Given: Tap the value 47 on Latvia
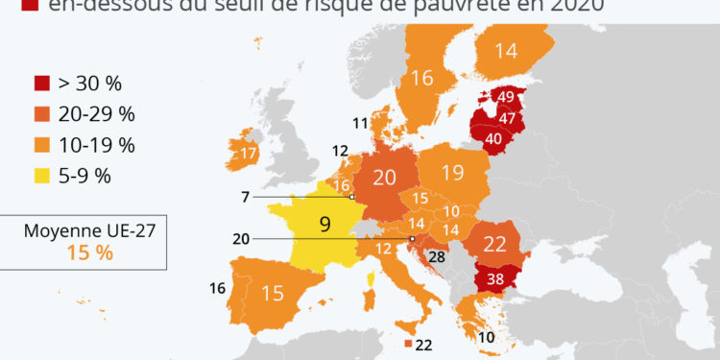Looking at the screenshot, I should tap(508, 119).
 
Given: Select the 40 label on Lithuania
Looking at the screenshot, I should tap(494, 137).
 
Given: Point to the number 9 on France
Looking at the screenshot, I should tap(324, 225).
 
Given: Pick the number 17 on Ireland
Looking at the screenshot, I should tap(248, 154).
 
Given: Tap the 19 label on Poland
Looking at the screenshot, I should tap(454, 174).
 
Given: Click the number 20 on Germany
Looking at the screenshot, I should tap(384, 178).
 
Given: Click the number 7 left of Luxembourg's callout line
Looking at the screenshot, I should tap(247, 197).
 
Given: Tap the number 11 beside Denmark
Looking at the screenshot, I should tap(360, 122).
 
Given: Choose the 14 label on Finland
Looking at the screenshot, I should tap(506, 52).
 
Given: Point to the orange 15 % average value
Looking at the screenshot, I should tap(89, 253).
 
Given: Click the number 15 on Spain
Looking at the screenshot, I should tap(274, 293).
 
